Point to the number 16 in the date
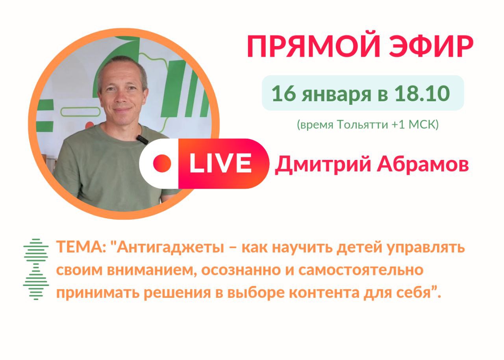282,93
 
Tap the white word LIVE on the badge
220,163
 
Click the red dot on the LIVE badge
162,163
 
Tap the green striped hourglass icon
36,269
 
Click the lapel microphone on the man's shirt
142,139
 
